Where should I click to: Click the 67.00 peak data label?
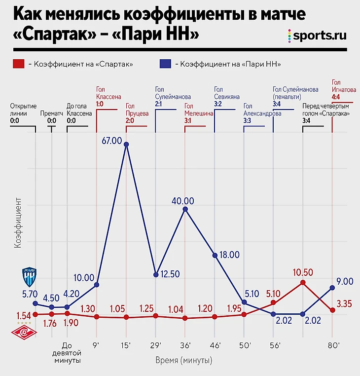[112, 141]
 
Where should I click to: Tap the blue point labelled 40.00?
[185, 209]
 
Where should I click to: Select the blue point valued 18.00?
[215, 255]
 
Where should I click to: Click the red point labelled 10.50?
[303, 283]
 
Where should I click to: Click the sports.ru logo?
[316, 35]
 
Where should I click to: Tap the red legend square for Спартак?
[19, 64]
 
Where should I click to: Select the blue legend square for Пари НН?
[165, 64]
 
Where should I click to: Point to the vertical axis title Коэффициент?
[18, 222]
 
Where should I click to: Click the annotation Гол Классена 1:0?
[108, 97]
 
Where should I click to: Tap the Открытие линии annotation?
[23, 113]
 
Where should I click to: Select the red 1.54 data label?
[24, 315]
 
